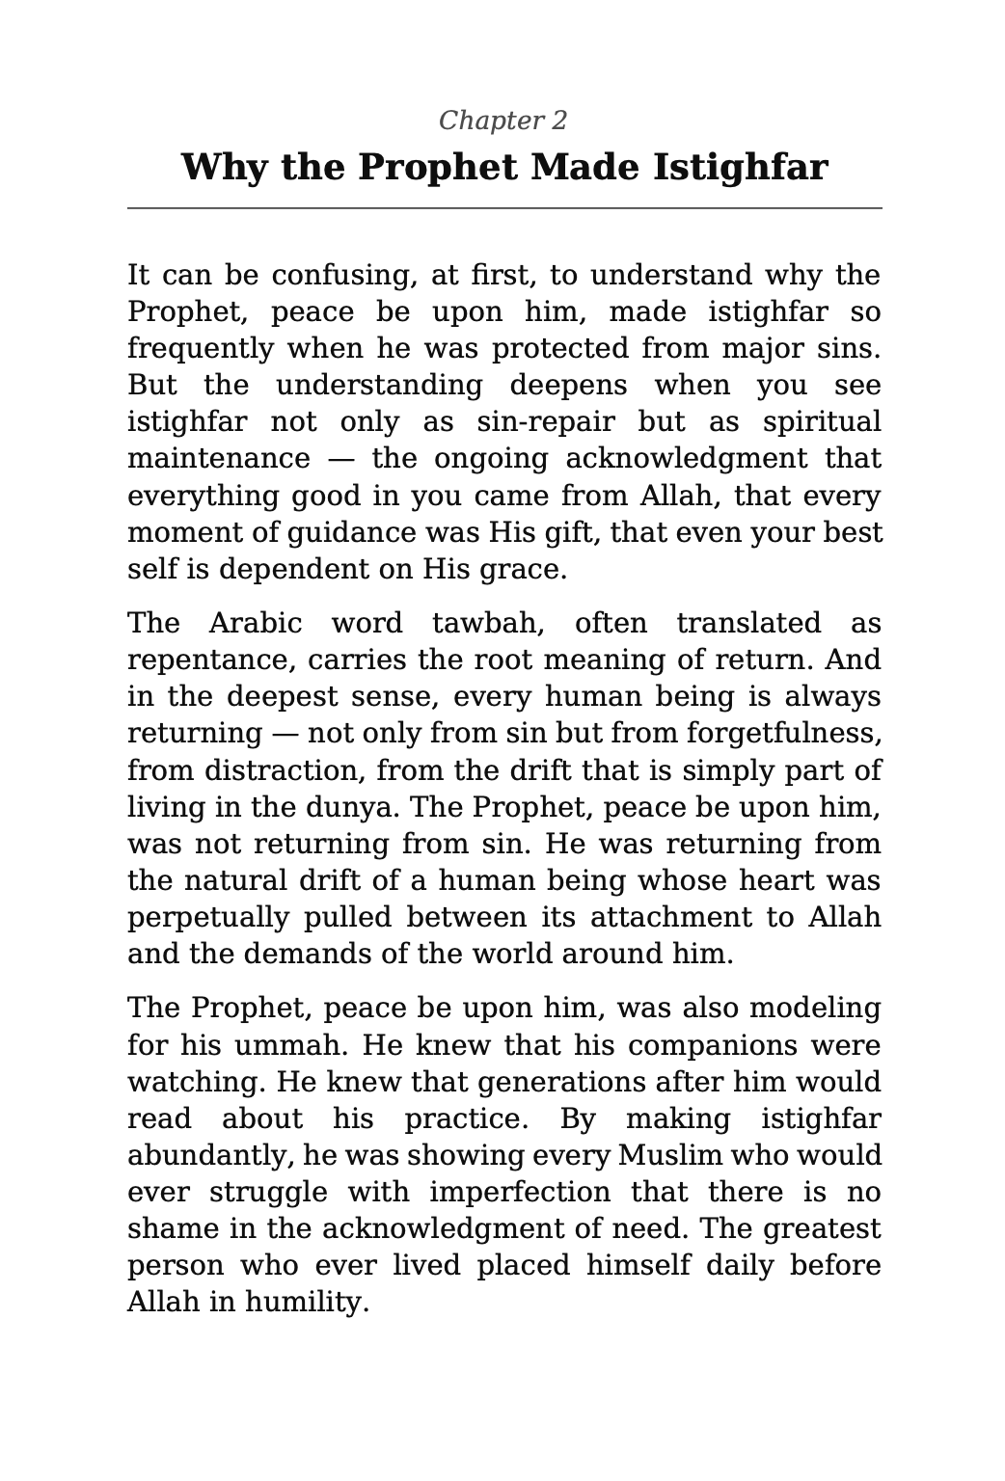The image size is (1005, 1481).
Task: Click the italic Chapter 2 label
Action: [x=502, y=121]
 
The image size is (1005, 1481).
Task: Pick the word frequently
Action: [x=189, y=349]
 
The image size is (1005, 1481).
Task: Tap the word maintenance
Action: [x=218, y=459]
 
